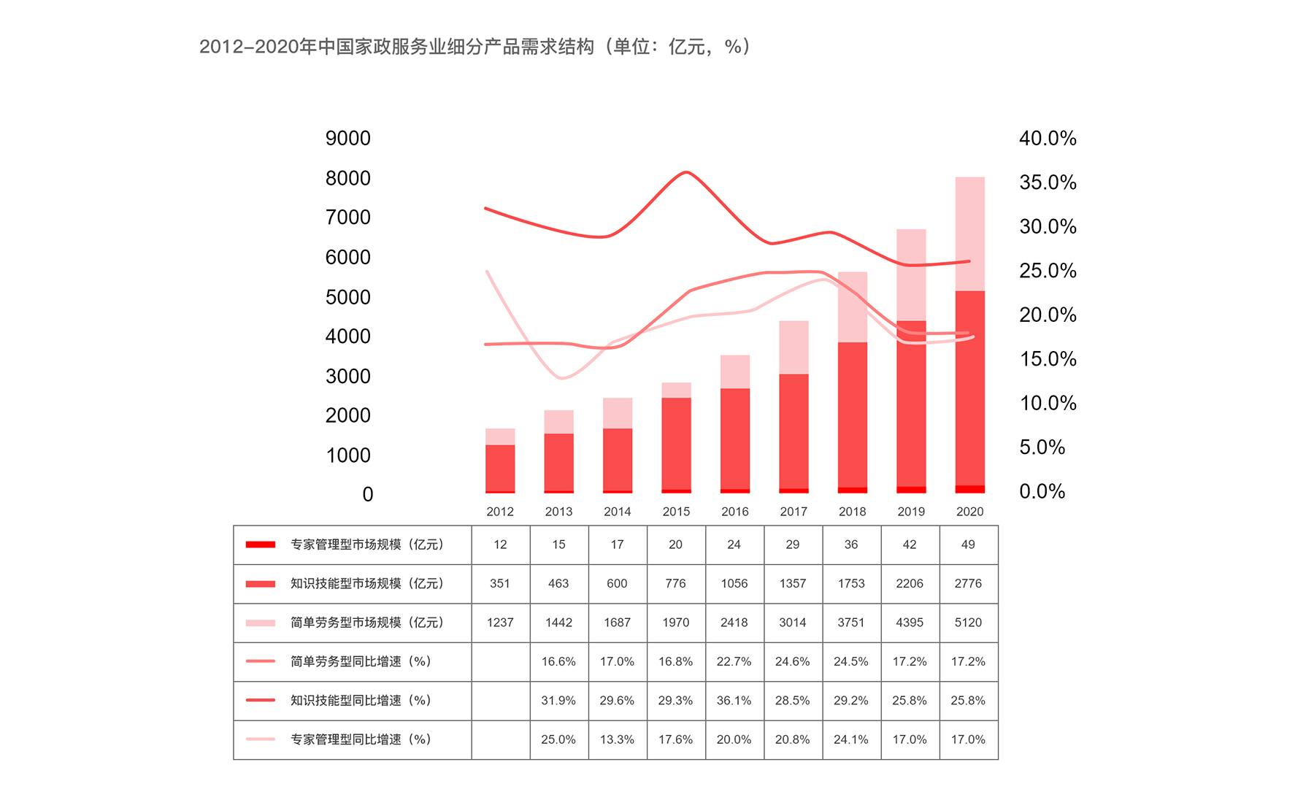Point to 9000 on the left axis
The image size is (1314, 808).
[348, 138]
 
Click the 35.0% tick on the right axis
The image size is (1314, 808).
[1048, 182]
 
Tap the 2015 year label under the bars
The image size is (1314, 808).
[676, 512]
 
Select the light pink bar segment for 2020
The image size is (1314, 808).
[969, 234]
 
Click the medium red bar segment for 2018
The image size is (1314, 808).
[852, 414]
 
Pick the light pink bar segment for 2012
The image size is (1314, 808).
[500, 436]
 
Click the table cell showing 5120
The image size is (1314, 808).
[968, 623]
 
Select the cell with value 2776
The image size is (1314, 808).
[968, 583]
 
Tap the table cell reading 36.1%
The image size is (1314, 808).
[734, 701]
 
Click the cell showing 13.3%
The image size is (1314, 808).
[617, 739]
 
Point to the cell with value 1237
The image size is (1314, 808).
[500, 623]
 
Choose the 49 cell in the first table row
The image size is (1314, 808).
[968, 545]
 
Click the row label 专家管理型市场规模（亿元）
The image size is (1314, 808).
[367, 545]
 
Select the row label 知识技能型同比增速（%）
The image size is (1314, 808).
[361, 701]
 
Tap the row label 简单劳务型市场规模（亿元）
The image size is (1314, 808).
[367, 623]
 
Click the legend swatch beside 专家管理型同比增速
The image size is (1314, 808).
[261, 739]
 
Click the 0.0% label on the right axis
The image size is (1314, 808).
[1042, 491]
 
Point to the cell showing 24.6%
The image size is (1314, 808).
[792, 661]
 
